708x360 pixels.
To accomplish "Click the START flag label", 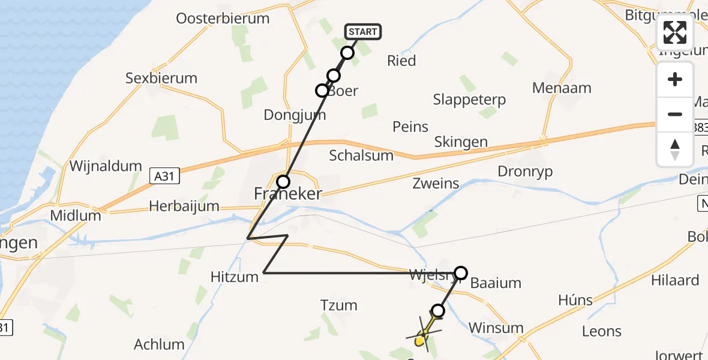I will [x=362, y=32].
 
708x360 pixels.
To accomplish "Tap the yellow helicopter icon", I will [x=425, y=335].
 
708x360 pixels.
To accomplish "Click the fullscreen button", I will [x=675, y=32].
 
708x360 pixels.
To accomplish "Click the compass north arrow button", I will [x=675, y=149].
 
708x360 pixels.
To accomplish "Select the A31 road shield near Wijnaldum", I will [x=164, y=176].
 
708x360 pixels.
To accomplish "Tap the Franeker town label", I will [x=288, y=194].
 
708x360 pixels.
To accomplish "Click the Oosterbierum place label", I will [x=223, y=19].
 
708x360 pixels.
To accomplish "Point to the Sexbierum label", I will [x=161, y=78].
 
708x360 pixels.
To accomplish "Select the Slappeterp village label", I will [x=469, y=100].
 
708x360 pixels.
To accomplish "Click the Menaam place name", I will [x=562, y=88].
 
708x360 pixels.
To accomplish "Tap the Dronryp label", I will [x=525, y=172].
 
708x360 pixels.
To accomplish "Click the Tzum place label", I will [x=339, y=305].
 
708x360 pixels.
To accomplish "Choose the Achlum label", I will [x=159, y=344].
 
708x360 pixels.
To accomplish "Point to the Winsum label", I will [x=496, y=328].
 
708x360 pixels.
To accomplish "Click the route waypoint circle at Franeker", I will [x=283, y=181].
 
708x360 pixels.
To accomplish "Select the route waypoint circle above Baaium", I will [x=460, y=273].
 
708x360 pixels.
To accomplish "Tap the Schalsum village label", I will [x=361, y=156].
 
